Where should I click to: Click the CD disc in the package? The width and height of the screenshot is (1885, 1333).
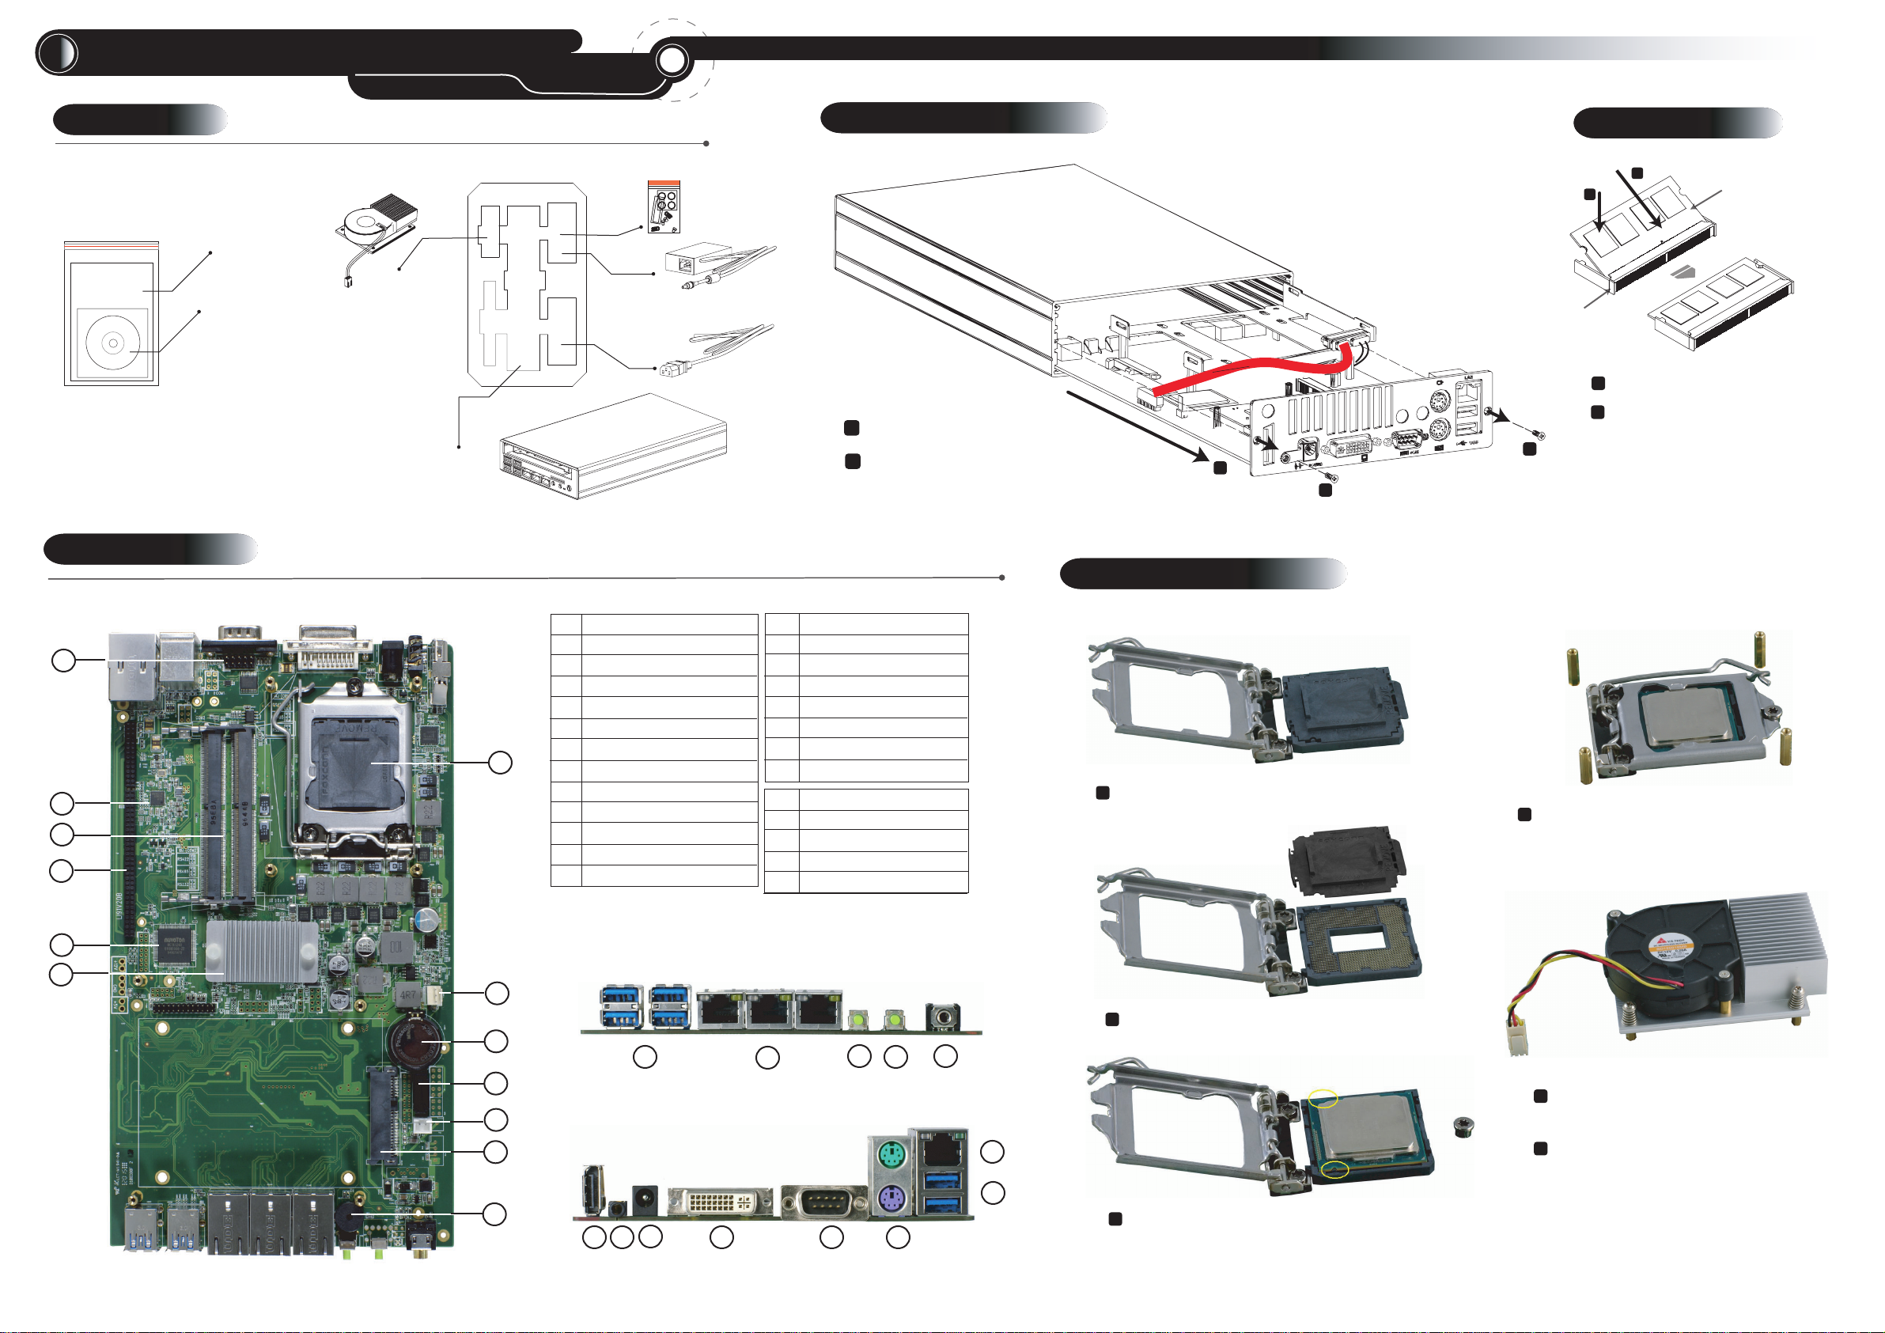pos(112,343)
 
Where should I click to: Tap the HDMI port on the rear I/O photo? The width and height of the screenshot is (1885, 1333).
pos(591,1187)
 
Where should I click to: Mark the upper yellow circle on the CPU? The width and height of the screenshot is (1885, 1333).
pos(1323,1097)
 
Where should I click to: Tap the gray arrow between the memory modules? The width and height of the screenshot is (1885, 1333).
pos(1684,271)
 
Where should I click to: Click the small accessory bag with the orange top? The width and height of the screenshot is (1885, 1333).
pos(664,206)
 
